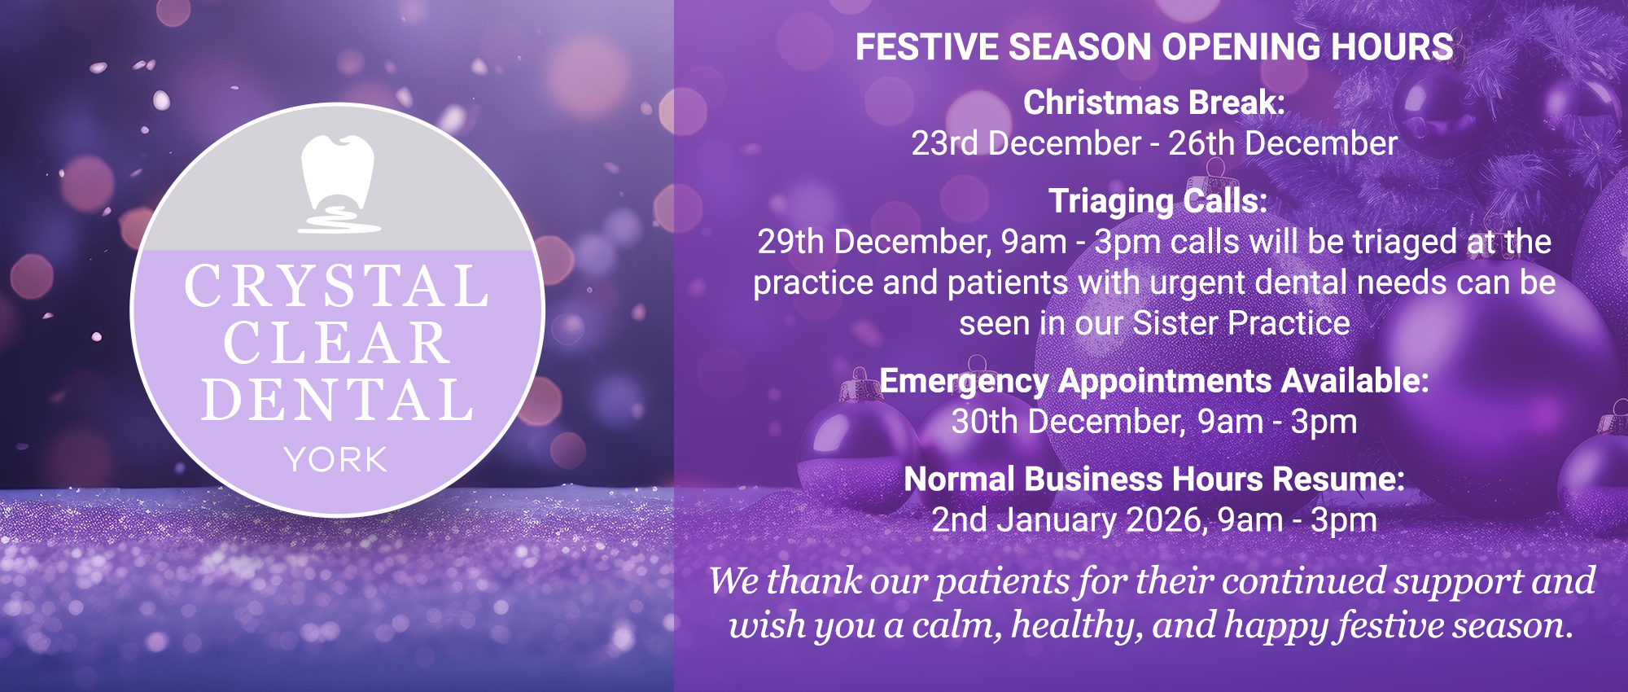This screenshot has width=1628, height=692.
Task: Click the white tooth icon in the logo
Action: coord(338,181)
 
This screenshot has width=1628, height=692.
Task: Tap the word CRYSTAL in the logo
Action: coord(337,287)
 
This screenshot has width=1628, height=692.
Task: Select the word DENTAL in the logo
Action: coord(337,400)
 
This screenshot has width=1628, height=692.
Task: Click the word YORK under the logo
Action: coord(335,461)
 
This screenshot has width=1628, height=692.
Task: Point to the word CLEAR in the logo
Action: coord(337,344)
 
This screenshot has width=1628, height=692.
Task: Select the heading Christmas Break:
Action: coord(1153,103)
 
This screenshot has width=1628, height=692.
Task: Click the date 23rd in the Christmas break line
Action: coord(944,144)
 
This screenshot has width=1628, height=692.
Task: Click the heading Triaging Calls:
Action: coord(1158,201)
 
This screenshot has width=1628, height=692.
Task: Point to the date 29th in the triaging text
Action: coord(790,243)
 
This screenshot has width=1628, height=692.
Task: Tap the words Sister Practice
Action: coord(1241,324)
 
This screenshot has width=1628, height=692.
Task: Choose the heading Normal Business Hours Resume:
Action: coord(1153,480)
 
